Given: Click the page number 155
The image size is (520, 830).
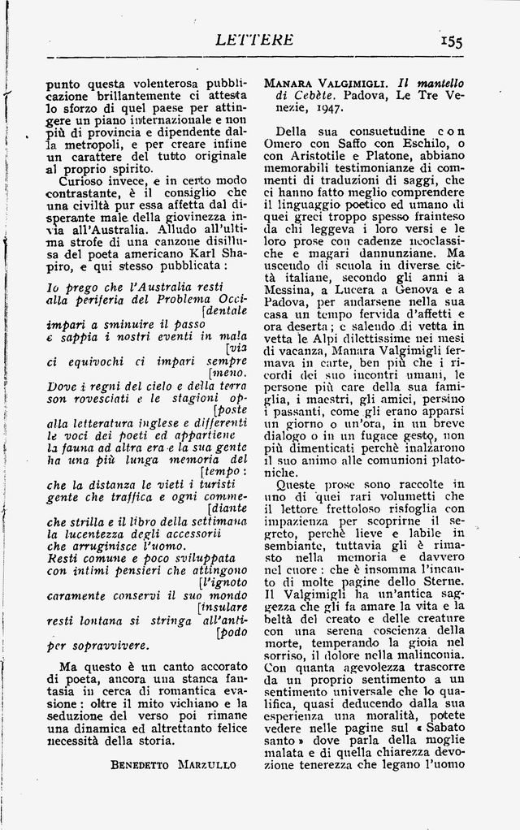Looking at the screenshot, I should (451, 41).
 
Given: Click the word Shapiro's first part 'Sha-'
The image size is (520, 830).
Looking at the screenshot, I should (231, 251).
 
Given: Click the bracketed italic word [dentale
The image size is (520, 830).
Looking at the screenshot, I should (224, 309).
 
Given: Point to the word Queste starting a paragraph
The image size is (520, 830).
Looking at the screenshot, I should (299, 484).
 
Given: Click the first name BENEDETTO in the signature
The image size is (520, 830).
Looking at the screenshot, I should (141, 764).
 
